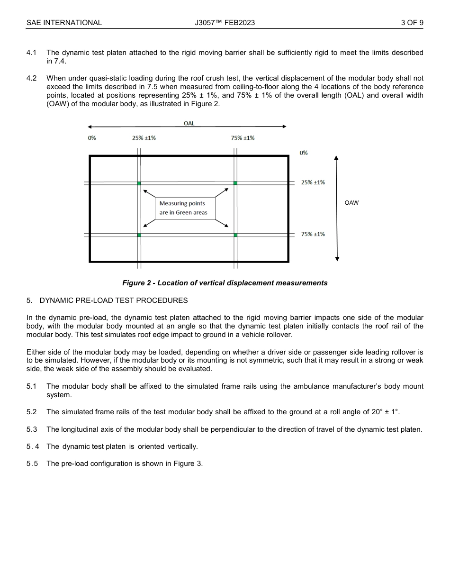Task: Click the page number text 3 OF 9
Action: [x=412, y=22]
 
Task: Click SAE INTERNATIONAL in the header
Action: [x=64, y=22]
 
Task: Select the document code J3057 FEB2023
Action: [x=225, y=22]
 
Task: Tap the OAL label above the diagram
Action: [x=189, y=123]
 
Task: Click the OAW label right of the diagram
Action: [x=351, y=203]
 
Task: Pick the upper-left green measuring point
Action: [x=139, y=183]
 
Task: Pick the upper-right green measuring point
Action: [x=235, y=183]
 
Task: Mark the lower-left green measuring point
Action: [x=139, y=235]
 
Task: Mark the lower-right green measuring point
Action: [x=235, y=235]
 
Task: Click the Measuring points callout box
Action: [x=185, y=208]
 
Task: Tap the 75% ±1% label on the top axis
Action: [x=243, y=138]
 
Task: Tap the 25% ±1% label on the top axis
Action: [x=144, y=138]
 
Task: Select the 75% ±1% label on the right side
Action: [x=313, y=234]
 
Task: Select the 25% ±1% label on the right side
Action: [x=313, y=182]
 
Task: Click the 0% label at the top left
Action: [x=92, y=138]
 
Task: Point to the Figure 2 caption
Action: [x=225, y=283]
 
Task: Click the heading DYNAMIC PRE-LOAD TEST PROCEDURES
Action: [x=114, y=301]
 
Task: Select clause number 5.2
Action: [x=32, y=412]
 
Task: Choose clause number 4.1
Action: [x=32, y=53]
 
